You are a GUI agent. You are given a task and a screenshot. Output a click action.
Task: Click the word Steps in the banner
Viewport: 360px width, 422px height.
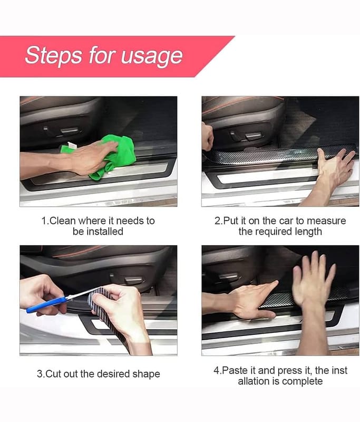(x=54, y=55)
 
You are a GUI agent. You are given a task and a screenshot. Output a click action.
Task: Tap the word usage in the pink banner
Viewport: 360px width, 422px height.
(x=152, y=56)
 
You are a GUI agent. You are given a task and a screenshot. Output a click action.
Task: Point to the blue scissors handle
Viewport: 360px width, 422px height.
(x=46, y=305)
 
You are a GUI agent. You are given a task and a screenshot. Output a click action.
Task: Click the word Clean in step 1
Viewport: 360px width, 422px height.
(x=62, y=220)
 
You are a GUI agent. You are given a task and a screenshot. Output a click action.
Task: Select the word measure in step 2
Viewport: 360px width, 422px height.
(x=326, y=220)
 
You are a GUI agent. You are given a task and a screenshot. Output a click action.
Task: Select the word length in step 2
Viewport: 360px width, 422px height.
(x=308, y=232)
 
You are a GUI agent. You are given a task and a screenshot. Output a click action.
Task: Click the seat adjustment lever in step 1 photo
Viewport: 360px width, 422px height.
(x=70, y=130)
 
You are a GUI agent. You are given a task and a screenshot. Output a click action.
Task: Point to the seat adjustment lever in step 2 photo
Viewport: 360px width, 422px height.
(x=252, y=135)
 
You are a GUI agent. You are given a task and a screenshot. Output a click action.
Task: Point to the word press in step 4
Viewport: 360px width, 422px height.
(x=290, y=371)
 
